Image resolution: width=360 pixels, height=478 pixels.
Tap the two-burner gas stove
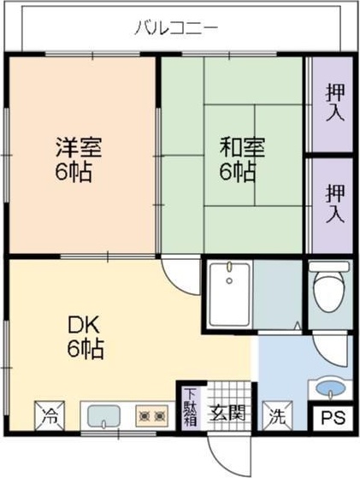(x=151, y=416)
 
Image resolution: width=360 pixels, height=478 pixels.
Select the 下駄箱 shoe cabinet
(x=190, y=407)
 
